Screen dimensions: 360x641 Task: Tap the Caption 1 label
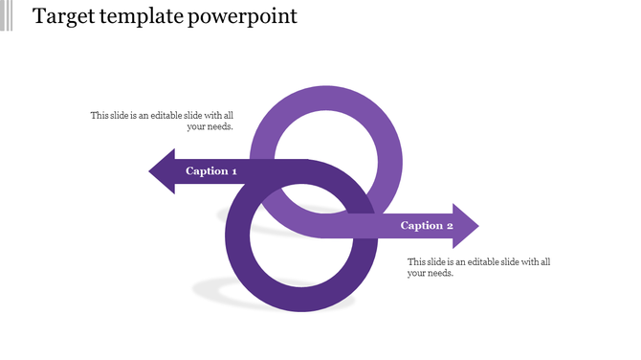[211, 171]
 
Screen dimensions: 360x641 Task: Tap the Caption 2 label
[427, 226]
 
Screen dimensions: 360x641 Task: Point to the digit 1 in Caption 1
[233, 171]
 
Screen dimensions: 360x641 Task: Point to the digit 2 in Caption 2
[449, 226]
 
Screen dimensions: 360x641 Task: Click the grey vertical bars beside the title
[7, 15]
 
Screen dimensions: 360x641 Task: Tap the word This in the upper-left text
[99, 116]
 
